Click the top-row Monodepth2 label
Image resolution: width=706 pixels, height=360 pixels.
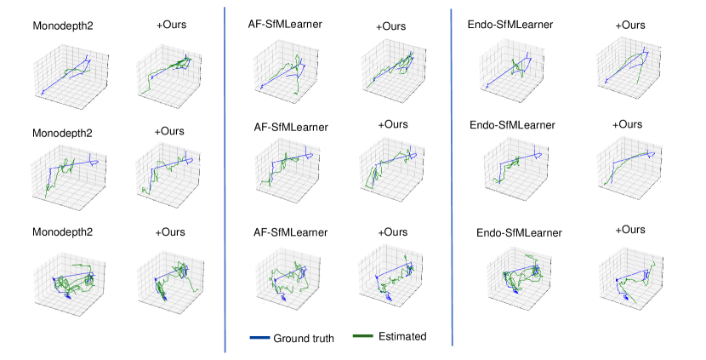[62, 26]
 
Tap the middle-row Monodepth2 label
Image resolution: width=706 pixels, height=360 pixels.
[62, 134]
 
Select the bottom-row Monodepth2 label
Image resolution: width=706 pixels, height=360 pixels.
[62, 231]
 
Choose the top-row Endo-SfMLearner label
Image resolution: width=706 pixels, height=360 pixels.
[510, 25]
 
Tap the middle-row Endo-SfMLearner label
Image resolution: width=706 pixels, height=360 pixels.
[512, 125]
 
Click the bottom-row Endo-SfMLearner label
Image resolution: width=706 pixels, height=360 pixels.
[519, 232]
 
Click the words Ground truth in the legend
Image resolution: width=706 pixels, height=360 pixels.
[304, 338]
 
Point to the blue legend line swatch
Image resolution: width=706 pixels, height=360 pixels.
[259, 338]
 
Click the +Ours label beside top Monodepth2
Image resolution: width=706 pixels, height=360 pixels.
[171, 25]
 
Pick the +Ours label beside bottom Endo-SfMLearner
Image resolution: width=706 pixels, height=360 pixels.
[629, 230]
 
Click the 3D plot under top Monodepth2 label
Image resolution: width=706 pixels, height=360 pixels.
[68, 70]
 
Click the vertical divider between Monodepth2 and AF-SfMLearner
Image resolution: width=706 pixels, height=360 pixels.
[225, 179]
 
